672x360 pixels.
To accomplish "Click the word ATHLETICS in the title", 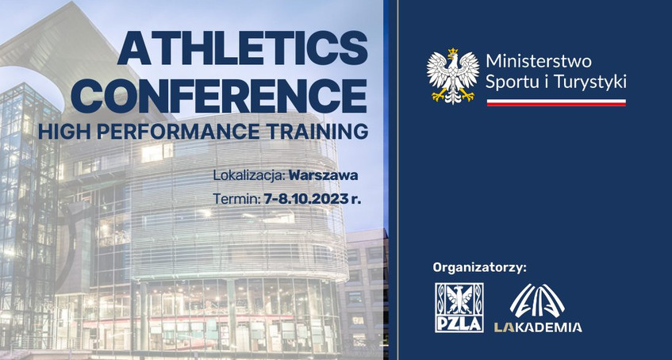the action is pos(243,48).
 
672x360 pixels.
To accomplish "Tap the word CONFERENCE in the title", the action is pos(218,95).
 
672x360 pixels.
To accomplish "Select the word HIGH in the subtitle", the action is pos(65,132).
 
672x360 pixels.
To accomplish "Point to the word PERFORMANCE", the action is pos(179,132).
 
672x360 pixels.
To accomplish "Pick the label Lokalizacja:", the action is pos(249,175).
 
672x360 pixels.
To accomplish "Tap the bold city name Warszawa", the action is pos(324,175).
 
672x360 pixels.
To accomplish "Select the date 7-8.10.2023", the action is pos(306,199).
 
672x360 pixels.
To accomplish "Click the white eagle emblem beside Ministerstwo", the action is pos(453,76).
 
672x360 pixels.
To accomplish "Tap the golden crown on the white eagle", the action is pos(452,54).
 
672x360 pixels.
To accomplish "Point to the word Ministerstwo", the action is pos(539,61).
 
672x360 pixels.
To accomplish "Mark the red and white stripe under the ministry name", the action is pos(556,102).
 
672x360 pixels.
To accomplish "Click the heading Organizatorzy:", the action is pos(479,269).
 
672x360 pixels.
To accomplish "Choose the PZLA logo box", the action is pos(459,308).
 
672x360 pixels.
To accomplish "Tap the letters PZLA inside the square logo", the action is pos(459,324).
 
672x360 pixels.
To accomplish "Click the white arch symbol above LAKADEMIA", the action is pos(537,301).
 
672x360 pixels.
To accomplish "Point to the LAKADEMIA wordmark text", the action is pos(538,327).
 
